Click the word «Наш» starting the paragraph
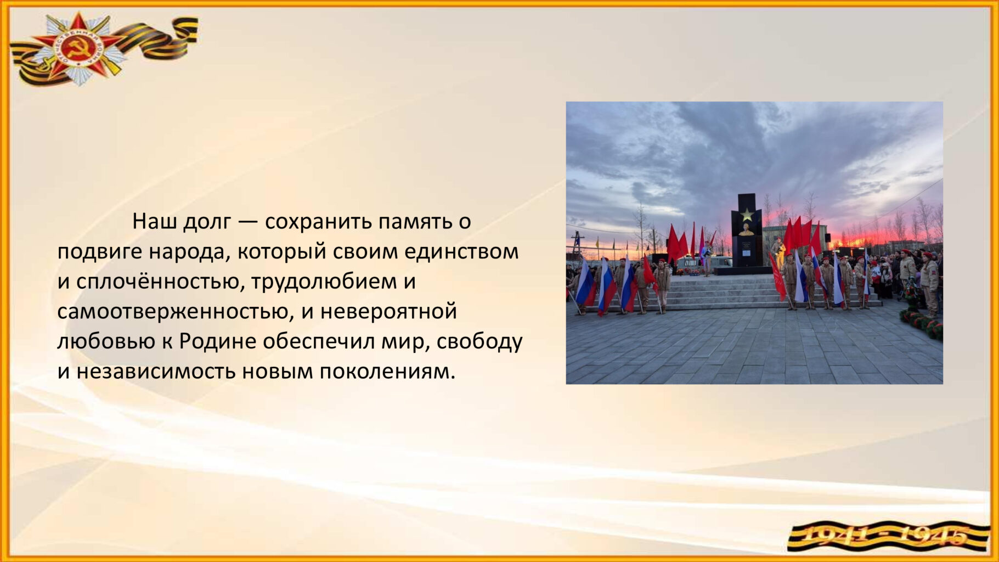[154, 222]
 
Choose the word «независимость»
[156, 372]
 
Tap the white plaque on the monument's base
[747, 246]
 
